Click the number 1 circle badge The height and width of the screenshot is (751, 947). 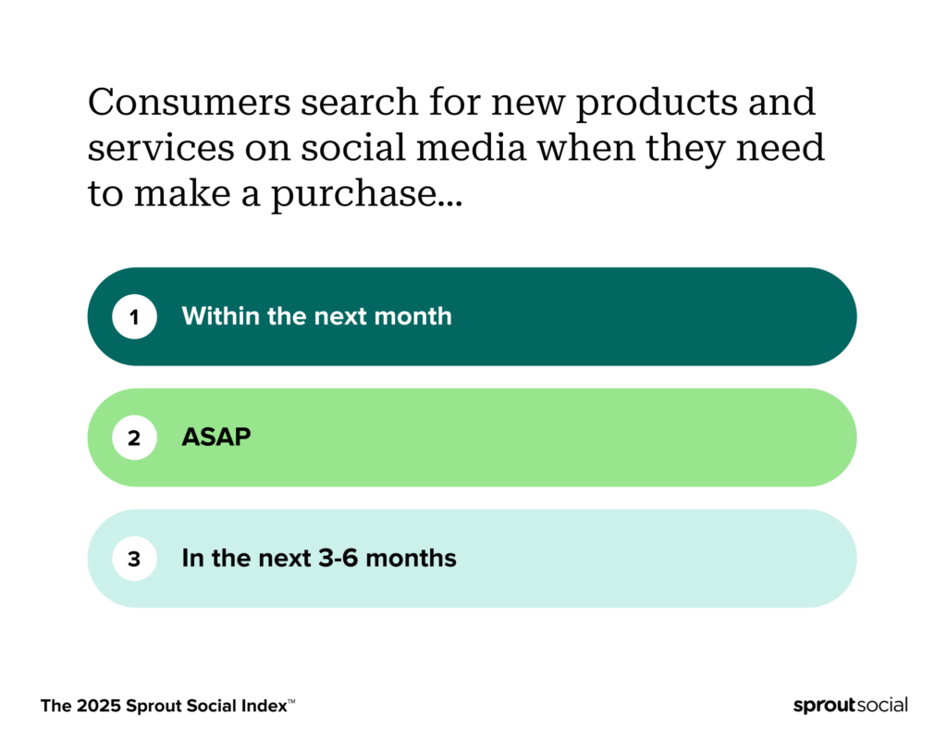click(134, 316)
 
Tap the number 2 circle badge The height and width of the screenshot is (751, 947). click(134, 437)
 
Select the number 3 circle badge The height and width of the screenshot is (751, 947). click(134, 559)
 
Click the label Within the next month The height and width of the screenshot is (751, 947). click(316, 316)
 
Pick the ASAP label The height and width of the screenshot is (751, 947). click(216, 437)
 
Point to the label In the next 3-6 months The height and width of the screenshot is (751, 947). click(319, 559)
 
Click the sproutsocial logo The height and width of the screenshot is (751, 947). click(850, 706)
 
